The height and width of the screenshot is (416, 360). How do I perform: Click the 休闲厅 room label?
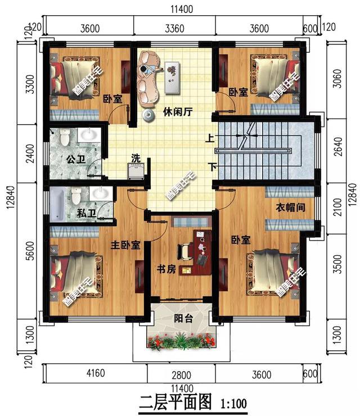tap(178, 111)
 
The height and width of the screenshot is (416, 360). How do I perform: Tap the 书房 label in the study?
tap(166, 269)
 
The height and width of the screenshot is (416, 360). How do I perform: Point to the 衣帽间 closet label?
tap(290, 207)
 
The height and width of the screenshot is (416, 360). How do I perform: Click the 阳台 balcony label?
tap(181, 319)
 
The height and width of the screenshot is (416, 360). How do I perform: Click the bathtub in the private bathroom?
tap(58, 205)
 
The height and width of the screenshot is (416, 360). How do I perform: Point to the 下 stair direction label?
tap(211, 167)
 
